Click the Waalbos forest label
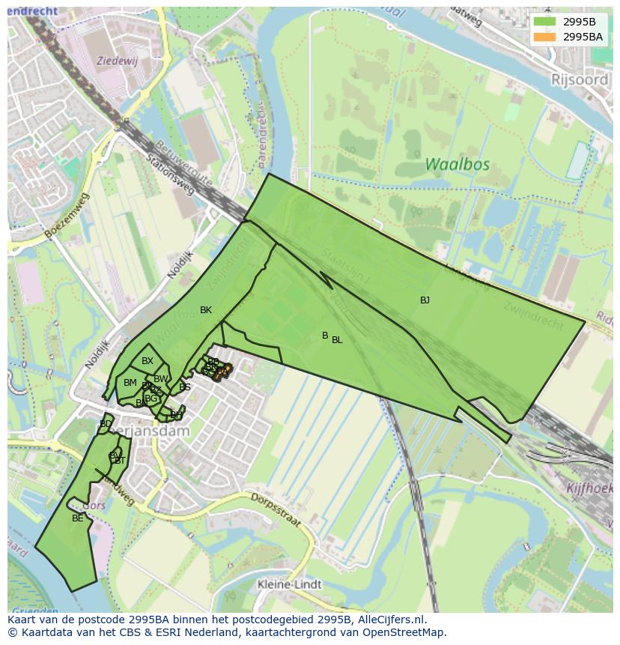457,164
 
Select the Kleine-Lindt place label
289,584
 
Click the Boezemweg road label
67,216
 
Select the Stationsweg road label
170,175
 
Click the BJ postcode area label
425,300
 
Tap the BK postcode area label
206,310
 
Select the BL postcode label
337,340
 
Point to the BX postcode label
148,361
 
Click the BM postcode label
130,383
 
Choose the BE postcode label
78,518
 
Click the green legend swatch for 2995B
544,22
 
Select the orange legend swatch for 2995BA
544,36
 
